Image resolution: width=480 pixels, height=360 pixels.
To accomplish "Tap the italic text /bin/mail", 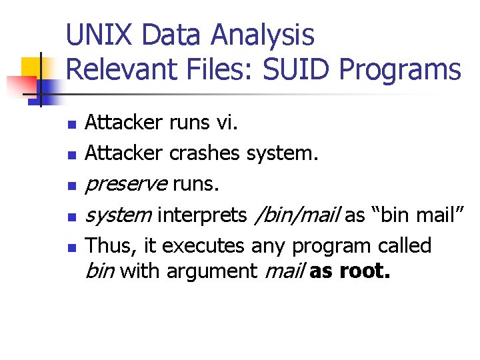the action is point(298,215).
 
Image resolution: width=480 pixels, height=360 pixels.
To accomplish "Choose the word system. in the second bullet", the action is point(283,153).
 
